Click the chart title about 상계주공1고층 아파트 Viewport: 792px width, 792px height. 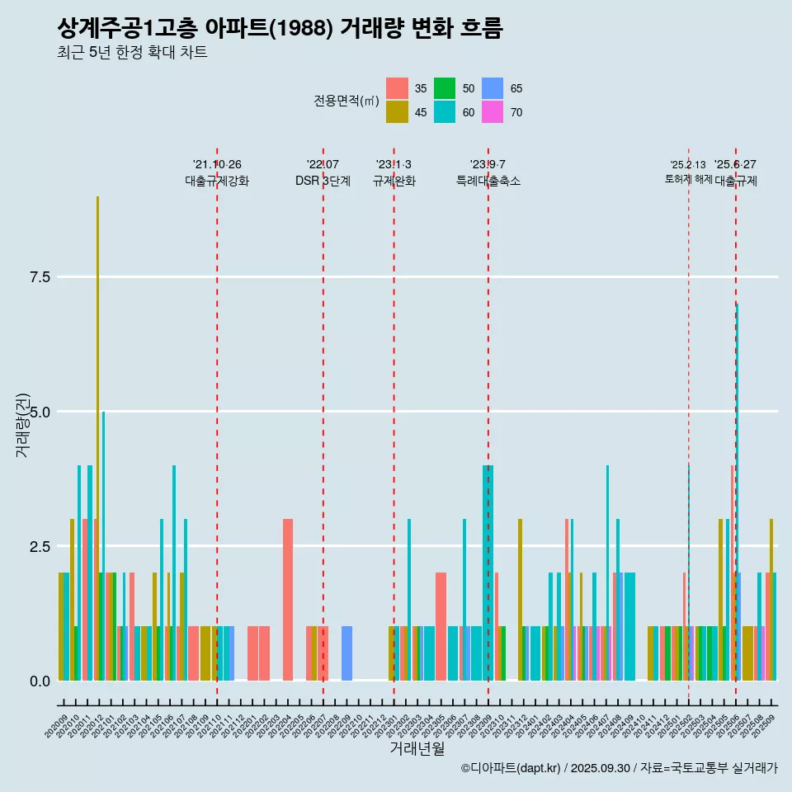pyautogui.click(x=280, y=28)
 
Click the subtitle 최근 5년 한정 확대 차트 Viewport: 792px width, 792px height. pyautogui.click(x=132, y=53)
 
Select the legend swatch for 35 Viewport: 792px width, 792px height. pyautogui.click(x=397, y=88)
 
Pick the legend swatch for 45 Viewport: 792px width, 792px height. pyautogui.click(x=397, y=112)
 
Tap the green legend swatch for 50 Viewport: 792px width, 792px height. pyautogui.click(x=445, y=88)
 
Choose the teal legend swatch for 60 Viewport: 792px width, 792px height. pyautogui.click(x=445, y=112)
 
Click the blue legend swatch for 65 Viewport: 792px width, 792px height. pyautogui.click(x=493, y=88)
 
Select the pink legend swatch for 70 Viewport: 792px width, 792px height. pyautogui.click(x=493, y=112)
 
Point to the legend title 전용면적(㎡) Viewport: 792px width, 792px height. pyautogui.click(x=346, y=101)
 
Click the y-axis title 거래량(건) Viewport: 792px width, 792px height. pyautogui.click(x=22, y=425)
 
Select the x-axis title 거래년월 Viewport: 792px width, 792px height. pyautogui.click(x=417, y=748)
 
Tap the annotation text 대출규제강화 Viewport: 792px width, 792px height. pyautogui.click(x=216, y=181)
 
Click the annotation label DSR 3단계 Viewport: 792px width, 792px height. pyautogui.click(x=323, y=181)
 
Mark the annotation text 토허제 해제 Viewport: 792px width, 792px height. pyautogui.click(x=688, y=179)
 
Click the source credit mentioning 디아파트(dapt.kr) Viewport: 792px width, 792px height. pyautogui.click(x=619, y=768)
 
